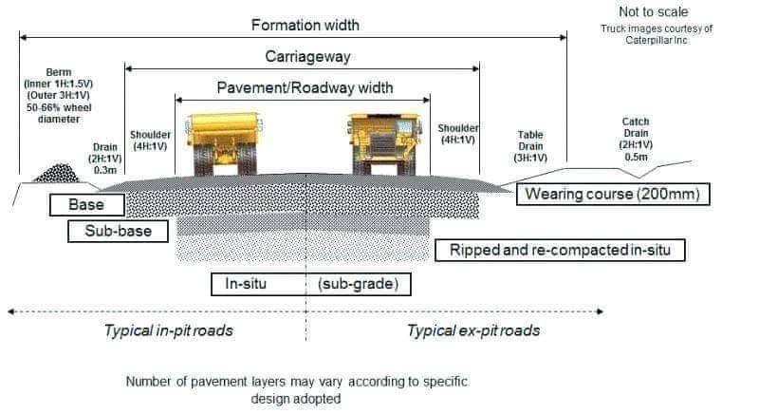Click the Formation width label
[305, 25]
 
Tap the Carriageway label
[306, 56]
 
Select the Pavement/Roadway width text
[305, 87]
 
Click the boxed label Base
[85, 204]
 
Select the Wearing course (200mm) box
[612, 195]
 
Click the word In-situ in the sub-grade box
[243, 284]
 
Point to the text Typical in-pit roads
[168, 330]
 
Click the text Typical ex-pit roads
[473, 330]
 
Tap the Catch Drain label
[636, 133]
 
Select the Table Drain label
[530, 146]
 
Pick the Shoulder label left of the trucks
[150, 141]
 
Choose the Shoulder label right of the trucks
[457, 134]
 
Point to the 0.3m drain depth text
[105, 171]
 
